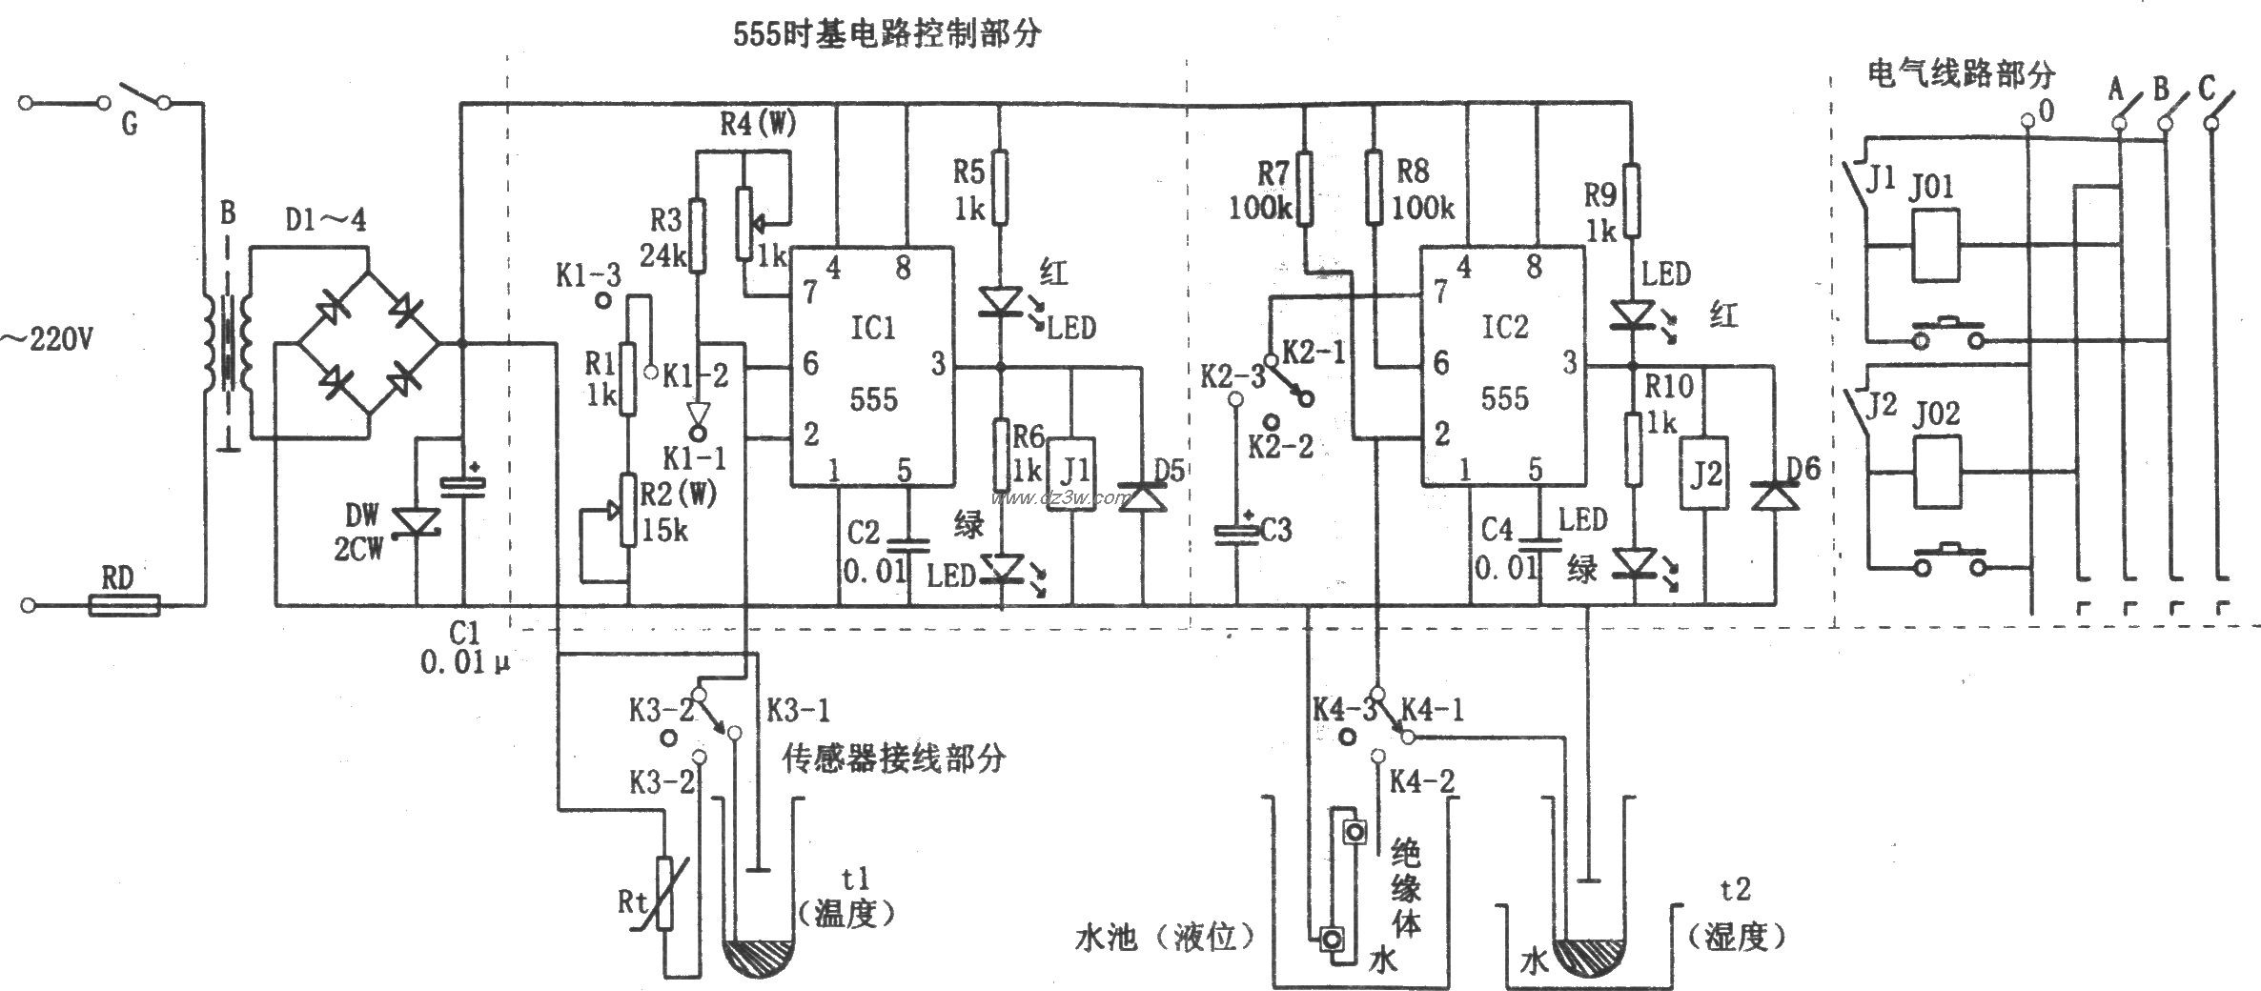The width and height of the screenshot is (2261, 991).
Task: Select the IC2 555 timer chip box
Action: point(1504,365)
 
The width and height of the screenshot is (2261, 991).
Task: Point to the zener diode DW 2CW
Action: point(416,522)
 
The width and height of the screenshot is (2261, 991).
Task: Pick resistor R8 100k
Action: point(1374,189)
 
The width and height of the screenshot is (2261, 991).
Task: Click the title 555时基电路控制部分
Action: point(886,34)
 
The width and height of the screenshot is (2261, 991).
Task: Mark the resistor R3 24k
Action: point(697,234)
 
